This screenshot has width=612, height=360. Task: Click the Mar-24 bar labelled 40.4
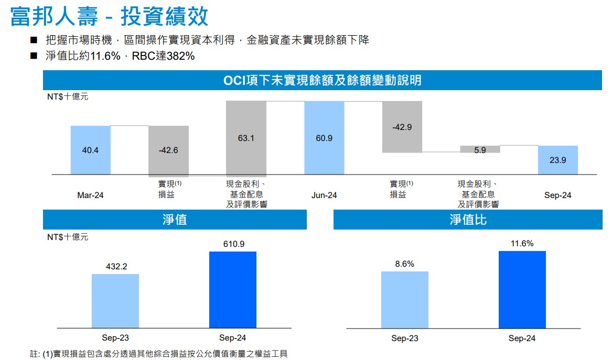coord(90,150)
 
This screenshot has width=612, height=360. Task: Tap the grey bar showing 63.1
coord(246,138)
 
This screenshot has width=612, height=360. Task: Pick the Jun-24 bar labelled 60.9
coord(324,138)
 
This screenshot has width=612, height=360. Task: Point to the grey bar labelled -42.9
coord(402,127)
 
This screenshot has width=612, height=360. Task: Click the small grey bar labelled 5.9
coord(480,149)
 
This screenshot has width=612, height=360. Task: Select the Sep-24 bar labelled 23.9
coord(558,160)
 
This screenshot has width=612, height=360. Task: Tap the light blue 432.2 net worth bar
coord(115,301)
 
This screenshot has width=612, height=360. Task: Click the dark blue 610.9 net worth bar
coord(233,290)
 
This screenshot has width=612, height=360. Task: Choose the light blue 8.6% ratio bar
coord(404,300)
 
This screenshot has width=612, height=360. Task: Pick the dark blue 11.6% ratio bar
coord(522,290)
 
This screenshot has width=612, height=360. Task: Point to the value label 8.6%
coord(404,264)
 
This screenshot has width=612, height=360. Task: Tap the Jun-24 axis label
coord(324,195)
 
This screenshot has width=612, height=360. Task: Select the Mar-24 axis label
coord(90,195)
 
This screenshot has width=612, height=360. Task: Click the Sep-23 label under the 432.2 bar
coord(115,338)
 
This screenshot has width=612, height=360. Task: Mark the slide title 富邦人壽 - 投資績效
coord(109,17)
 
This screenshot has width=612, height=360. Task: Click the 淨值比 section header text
coord(468,220)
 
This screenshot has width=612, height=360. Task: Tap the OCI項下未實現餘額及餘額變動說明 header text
coord(322,81)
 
